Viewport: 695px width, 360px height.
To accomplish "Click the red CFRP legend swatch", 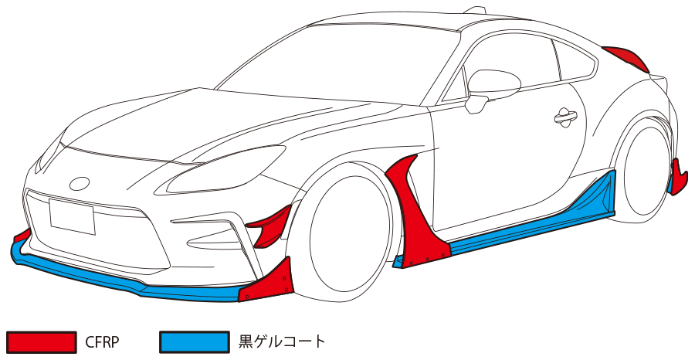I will pyautogui.click(x=42, y=341).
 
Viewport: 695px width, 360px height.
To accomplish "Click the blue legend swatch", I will pyautogui.click(x=195, y=341).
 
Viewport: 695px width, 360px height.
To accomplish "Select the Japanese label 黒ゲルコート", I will pyautogui.click(x=283, y=341).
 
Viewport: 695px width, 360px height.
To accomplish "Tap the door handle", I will pyautogui.click(x=566, y=117).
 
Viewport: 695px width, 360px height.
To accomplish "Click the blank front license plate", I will pyautogui.click(x=72, y=216).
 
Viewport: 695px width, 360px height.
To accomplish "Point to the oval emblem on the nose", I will pyautogui.click(x=80, y=184).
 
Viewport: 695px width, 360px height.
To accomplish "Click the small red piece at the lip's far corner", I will pyautogui.click(x=22, y=235).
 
